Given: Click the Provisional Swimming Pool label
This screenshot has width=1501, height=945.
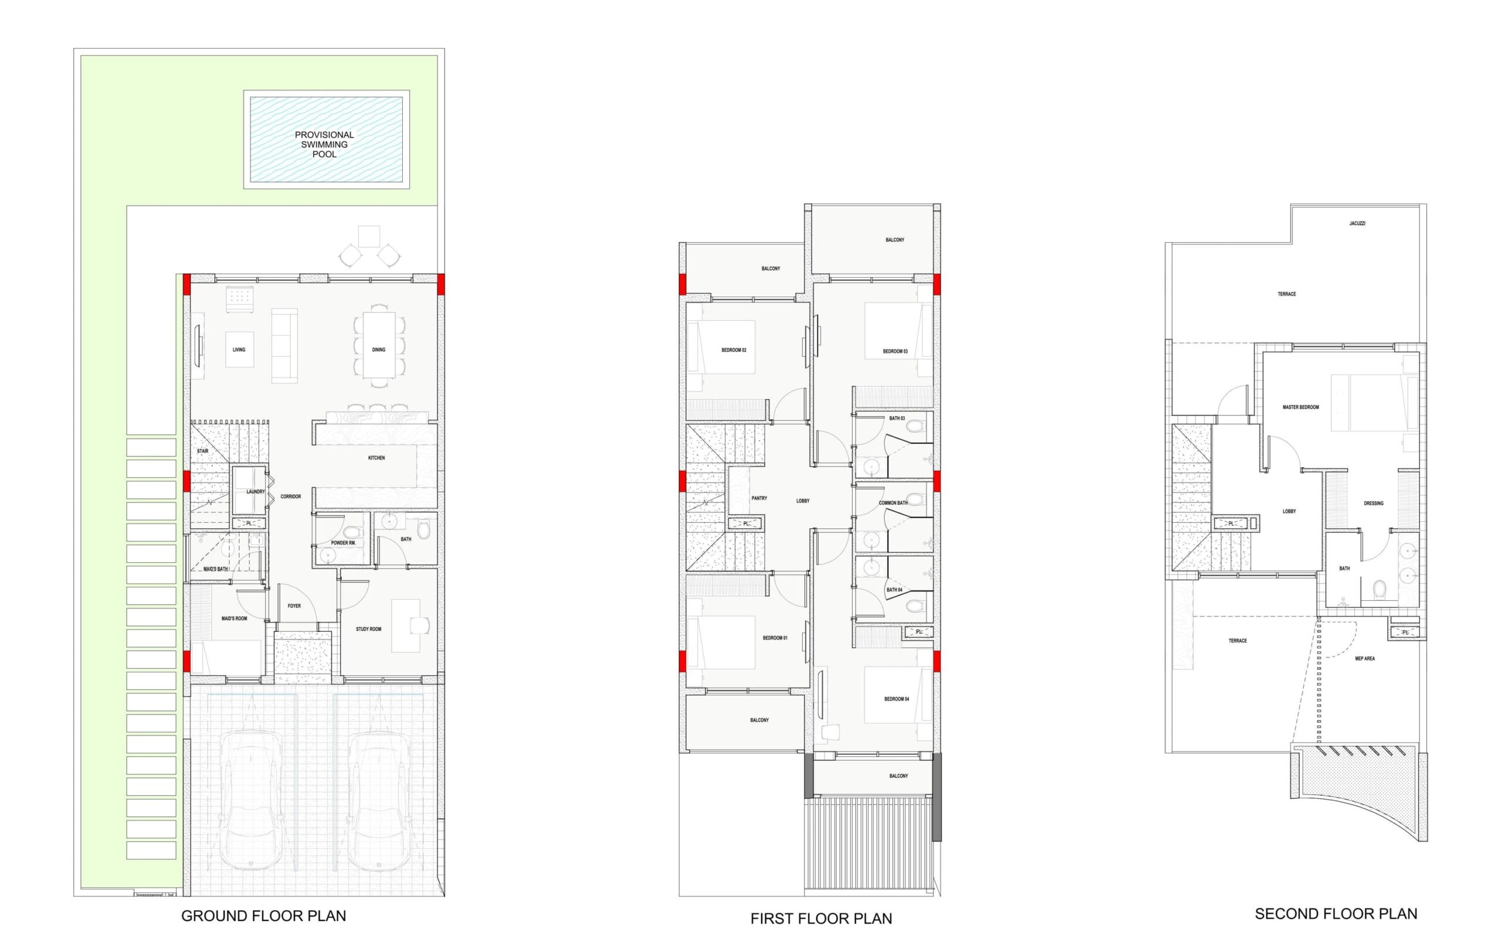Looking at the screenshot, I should click(x=324, y=144).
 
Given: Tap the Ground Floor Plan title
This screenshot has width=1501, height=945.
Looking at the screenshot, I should click(x=263, y=916).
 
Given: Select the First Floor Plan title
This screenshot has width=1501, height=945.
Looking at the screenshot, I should click(x=821, y=918).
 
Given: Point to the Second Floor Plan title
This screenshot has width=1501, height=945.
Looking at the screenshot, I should click(x=1336, y=914).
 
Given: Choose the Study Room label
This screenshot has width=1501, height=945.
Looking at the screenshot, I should click(x=368, y=629).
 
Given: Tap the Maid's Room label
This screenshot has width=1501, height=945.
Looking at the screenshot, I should click(x=235, y=618).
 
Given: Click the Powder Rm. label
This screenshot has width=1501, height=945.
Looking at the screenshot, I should click(x=344, y=543).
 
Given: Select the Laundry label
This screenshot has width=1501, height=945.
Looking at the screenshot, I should click(x=256, y=491).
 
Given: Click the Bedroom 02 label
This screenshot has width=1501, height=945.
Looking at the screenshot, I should click(x=733, y=351).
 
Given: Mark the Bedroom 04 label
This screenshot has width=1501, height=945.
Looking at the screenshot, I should click(x=896, y=699).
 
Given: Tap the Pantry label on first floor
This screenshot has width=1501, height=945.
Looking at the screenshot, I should click(x=759, y=498).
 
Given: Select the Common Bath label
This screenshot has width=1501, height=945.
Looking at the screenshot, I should click(x=893, y=502).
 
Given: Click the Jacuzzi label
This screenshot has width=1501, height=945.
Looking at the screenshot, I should click(x=1357, y=223).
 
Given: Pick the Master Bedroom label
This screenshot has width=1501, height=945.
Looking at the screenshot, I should click(x=1300, y=407).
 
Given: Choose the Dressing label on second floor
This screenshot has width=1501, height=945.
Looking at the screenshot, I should click(x=1373, y=503).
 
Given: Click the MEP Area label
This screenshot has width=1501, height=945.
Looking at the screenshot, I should click(x=1364, y=658).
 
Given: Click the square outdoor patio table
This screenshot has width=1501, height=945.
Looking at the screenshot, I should click(x=369, y=236).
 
